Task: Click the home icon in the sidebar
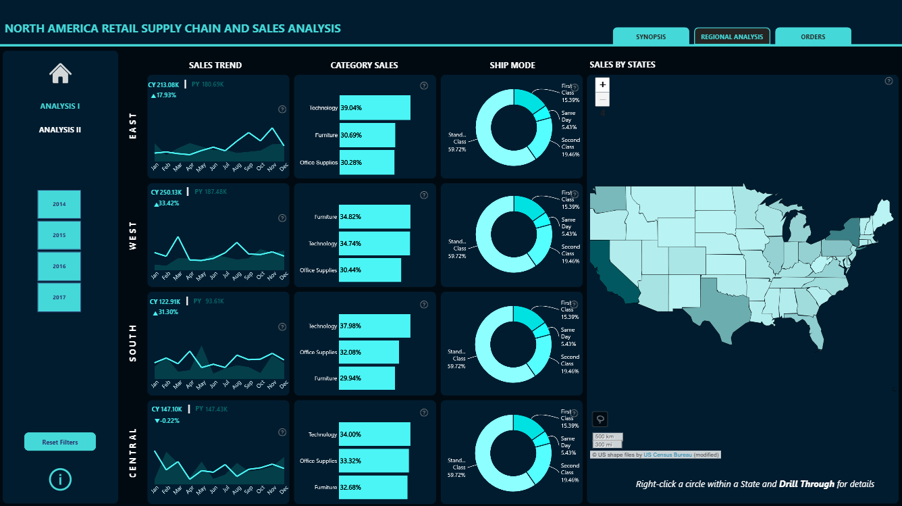coord(60,73)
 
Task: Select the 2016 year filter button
coord(59,267)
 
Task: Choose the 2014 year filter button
coord(59,204)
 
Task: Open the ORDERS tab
coord(813,36)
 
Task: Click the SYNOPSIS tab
coord(651,36)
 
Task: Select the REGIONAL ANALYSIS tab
coord(732,36)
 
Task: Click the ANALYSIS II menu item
coord(60,130)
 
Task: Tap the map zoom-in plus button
coord(603,84)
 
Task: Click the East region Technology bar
coord(375,108)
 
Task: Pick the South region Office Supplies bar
coord(369,353)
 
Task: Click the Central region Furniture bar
coord(373,487)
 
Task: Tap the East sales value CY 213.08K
coord(164,85)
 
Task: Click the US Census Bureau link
coord(667,455)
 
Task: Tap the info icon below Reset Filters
coord(60,479)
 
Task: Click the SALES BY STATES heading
coord(622,65)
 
